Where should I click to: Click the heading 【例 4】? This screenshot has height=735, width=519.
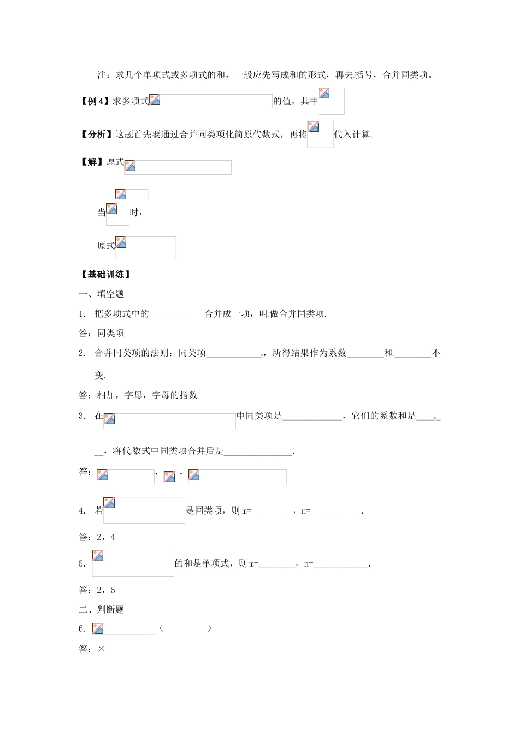coord(95,101)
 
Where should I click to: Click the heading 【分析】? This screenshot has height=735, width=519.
coord(96,135)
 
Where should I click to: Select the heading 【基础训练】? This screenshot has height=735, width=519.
coord(105,275)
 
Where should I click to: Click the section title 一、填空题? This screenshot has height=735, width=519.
coord(102,294)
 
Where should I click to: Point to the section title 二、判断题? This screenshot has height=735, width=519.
coord(102,609)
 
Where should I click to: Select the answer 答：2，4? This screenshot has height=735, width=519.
coord(97,537)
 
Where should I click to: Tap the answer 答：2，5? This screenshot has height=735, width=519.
coord(97,590)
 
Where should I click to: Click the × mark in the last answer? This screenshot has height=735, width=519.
coord(101,649)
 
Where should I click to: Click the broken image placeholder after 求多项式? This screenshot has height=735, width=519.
coord(210,101)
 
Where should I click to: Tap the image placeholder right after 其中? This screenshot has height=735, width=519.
coord(331,101)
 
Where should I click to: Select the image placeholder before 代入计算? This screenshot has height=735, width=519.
coord(320,135)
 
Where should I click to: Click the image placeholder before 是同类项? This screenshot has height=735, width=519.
coord(144,510)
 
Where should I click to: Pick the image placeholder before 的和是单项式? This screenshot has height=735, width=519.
coord(133,563)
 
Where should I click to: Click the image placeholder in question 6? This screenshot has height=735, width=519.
coord(123,629)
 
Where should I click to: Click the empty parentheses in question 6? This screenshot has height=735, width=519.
coord(185,629)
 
